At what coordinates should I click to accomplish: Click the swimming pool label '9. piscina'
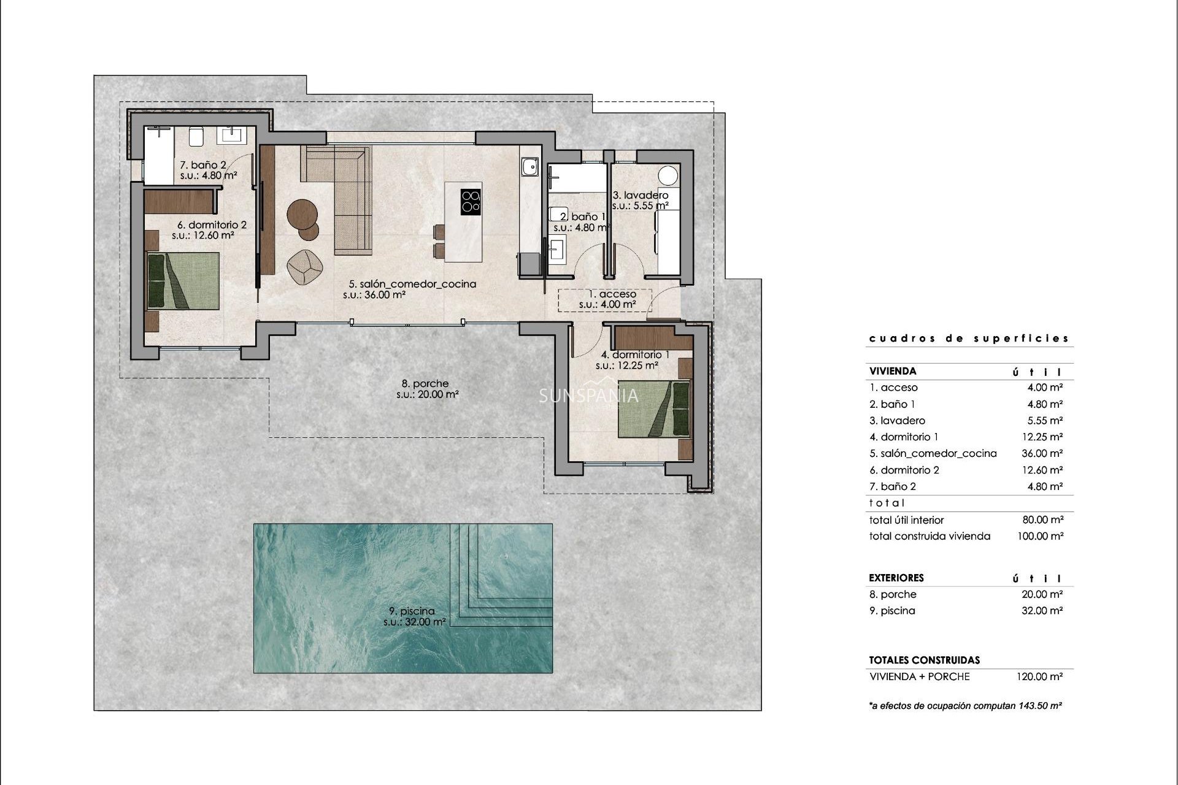pyautogui.click(x=412, y=611)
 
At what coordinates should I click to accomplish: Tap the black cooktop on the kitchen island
pyautogui.click(x=471, y=202)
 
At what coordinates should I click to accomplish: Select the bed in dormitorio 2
pyautogui.click(x=183, y=281)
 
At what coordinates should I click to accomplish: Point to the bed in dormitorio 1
pyautogui.click(x=654, y=409)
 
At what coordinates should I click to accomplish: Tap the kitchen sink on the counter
pyautogui.click(x=529, y=166)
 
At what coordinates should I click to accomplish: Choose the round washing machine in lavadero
pyautogui.click(x=669, y=175)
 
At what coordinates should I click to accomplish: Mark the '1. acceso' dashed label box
pyautogui.click(x=606, y=299)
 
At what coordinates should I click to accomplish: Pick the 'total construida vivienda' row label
pyautogui.click(x=930, y=536)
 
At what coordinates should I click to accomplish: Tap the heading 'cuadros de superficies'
pyautogui.click(x=969, y=339)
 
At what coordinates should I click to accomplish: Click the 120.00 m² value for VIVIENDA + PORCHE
pyautogui.click(x=1040, y=676)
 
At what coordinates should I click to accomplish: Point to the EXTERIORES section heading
pyautogui.click(x=896, y=578)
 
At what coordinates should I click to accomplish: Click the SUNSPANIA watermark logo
pyautogui.click(x=588, y=396)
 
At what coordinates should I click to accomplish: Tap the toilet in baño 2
pyautogui.click(x=196, y=136)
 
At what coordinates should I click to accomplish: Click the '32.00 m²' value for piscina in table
pyautogui.click(x=1041, y=611)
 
